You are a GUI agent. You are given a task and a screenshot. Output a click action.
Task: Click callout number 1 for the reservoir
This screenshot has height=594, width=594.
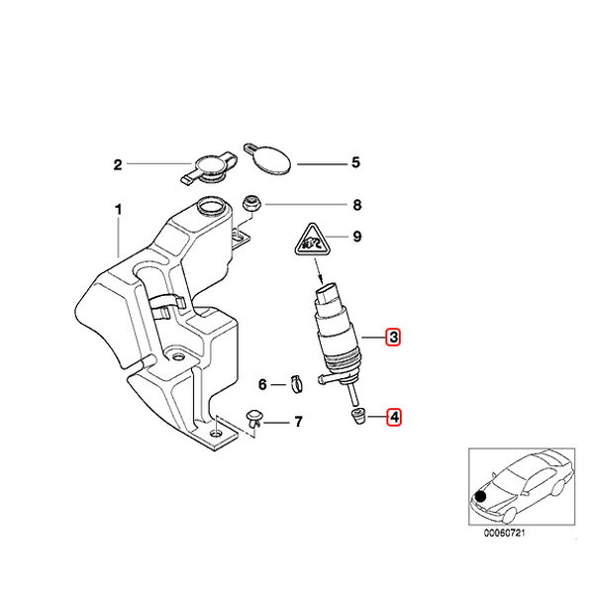point(119,210)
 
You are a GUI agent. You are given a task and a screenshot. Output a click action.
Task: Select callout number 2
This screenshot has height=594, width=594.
point(118,164)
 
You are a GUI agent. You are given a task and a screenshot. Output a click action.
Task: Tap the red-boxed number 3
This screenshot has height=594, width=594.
point(393,337)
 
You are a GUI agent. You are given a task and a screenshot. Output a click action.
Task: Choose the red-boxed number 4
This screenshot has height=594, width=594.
point(394,417)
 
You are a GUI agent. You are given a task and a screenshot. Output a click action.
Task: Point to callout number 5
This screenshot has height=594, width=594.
point(355,162)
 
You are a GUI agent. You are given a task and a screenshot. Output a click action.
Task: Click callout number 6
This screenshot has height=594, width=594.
point(262,384)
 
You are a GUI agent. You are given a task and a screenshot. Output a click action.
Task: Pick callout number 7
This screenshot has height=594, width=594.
point(299,422)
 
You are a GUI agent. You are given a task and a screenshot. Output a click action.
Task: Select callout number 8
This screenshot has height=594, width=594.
point(356,205)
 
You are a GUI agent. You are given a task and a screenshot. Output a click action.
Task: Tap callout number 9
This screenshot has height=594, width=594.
point(356,237)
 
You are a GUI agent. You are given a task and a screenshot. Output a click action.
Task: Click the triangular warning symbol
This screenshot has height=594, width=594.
point(312,242)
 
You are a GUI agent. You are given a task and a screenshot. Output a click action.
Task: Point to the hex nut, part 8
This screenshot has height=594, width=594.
point(250,205)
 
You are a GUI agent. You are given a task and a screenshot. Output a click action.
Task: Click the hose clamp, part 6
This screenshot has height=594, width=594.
point(297,384)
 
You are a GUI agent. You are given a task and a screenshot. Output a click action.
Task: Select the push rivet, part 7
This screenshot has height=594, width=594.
point(253,419)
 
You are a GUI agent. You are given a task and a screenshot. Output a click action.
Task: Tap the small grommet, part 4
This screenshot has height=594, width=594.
point(357,416)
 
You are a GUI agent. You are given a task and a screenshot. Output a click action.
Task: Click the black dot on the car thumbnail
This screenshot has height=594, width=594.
point(481,496)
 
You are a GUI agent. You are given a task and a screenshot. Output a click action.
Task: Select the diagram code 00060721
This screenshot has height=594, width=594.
point(504,533)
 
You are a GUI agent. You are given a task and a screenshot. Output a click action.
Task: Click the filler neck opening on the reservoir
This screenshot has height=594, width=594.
point(211,206)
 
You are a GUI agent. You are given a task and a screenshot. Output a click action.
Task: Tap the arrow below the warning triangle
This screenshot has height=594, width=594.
point(318,271)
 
